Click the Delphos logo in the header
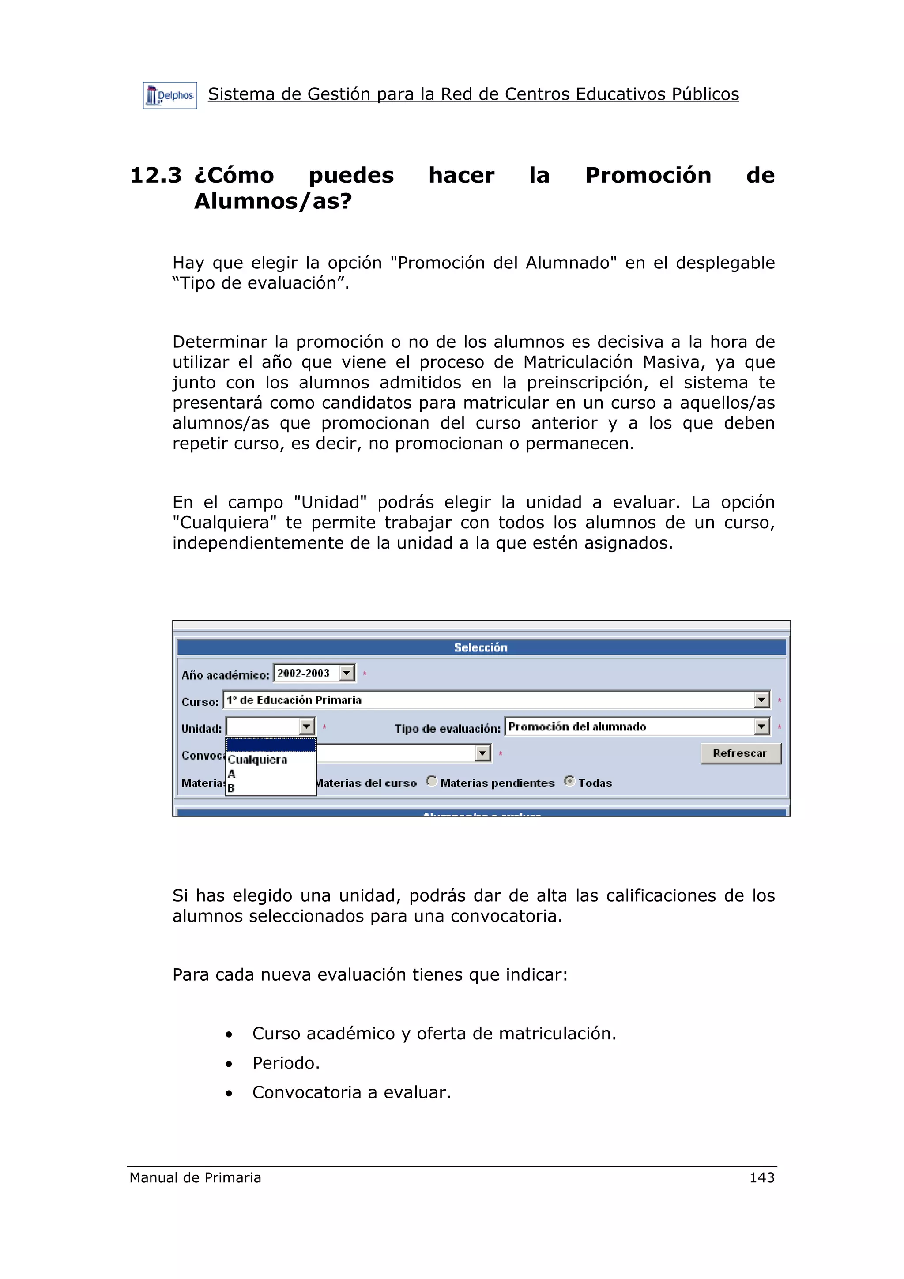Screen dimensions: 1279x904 [169, 95]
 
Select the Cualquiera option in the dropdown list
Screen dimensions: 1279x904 [257, 760]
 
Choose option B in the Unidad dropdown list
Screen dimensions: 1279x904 [231, 788]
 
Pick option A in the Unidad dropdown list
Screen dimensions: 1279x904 [232, 774]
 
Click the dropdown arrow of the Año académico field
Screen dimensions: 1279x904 [347, 673]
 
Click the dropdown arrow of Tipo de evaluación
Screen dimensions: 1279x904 [761, 726]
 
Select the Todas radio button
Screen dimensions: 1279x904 [569, 782]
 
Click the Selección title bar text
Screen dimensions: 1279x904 [480, 647]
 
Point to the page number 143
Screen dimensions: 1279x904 [761, 1177]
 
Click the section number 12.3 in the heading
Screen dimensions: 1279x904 [155, 176]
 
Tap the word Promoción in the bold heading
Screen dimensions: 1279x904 [648, 176]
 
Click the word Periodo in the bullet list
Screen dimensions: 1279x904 [286, 1063]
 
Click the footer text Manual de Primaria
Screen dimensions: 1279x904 [195, 1177]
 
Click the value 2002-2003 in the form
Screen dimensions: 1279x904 [304, 673]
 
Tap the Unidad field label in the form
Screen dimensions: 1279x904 [201, 729]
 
